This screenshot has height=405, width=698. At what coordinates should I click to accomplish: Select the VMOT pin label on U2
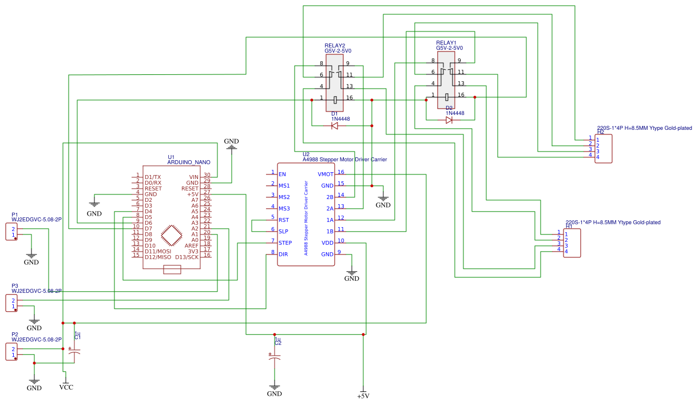(x=326, y=174)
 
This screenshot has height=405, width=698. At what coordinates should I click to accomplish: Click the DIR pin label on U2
(x=283, y=254)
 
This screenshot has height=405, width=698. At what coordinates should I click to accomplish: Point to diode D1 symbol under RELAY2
(x=335, y=126)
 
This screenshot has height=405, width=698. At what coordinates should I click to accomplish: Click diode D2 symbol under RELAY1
(x=449, y=120)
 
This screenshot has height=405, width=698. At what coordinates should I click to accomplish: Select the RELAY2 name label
(x=335, y=45)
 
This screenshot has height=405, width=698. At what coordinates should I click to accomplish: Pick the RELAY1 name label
(x=446, y=42)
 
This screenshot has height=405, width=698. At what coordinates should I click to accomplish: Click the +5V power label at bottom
(x=363, y=396)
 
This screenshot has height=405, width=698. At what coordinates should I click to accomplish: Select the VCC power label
(x=66, y=387)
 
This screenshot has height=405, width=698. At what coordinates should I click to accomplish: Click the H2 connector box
(x=603, y=149)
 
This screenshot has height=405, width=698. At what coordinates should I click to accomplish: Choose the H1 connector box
(x=572, y=243)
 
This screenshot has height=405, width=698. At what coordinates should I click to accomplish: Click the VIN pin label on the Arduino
(x=193, y=177)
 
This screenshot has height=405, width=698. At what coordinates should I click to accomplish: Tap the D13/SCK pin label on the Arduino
(x=187, y=257)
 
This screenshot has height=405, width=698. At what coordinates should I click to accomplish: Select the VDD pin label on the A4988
(x=327, y=243)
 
